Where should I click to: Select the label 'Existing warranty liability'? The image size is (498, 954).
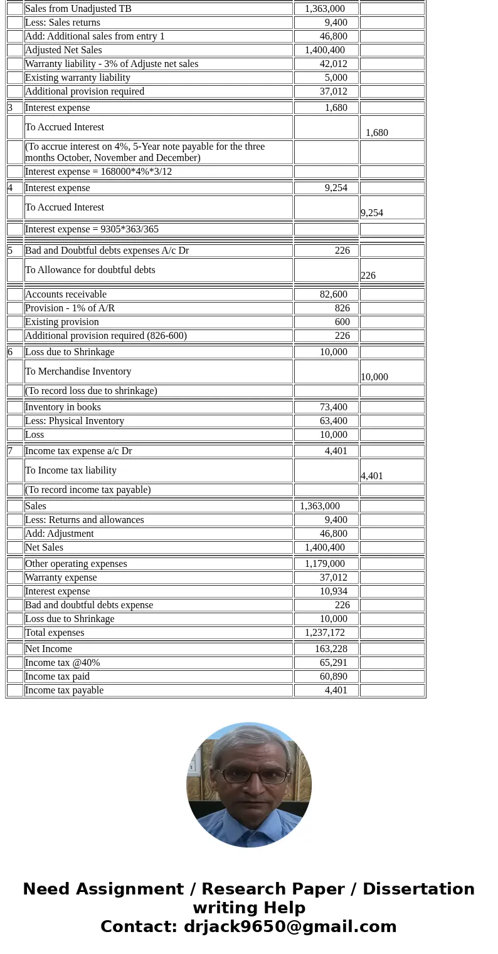[78, 78]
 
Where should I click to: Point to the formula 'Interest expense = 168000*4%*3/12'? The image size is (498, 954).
[98, 172]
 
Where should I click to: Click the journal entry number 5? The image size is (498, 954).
[11, 251]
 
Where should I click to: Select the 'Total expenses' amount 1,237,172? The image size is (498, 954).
[325, 633]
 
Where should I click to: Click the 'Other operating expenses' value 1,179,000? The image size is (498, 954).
[325, 564]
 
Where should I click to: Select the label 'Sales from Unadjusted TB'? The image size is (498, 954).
[78, 9]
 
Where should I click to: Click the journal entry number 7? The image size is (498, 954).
[11, 451]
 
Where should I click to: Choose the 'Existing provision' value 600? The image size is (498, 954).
[342, 322]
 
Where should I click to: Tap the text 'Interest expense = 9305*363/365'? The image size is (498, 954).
[92, 229]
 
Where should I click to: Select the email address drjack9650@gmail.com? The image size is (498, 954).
[290, 926]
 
